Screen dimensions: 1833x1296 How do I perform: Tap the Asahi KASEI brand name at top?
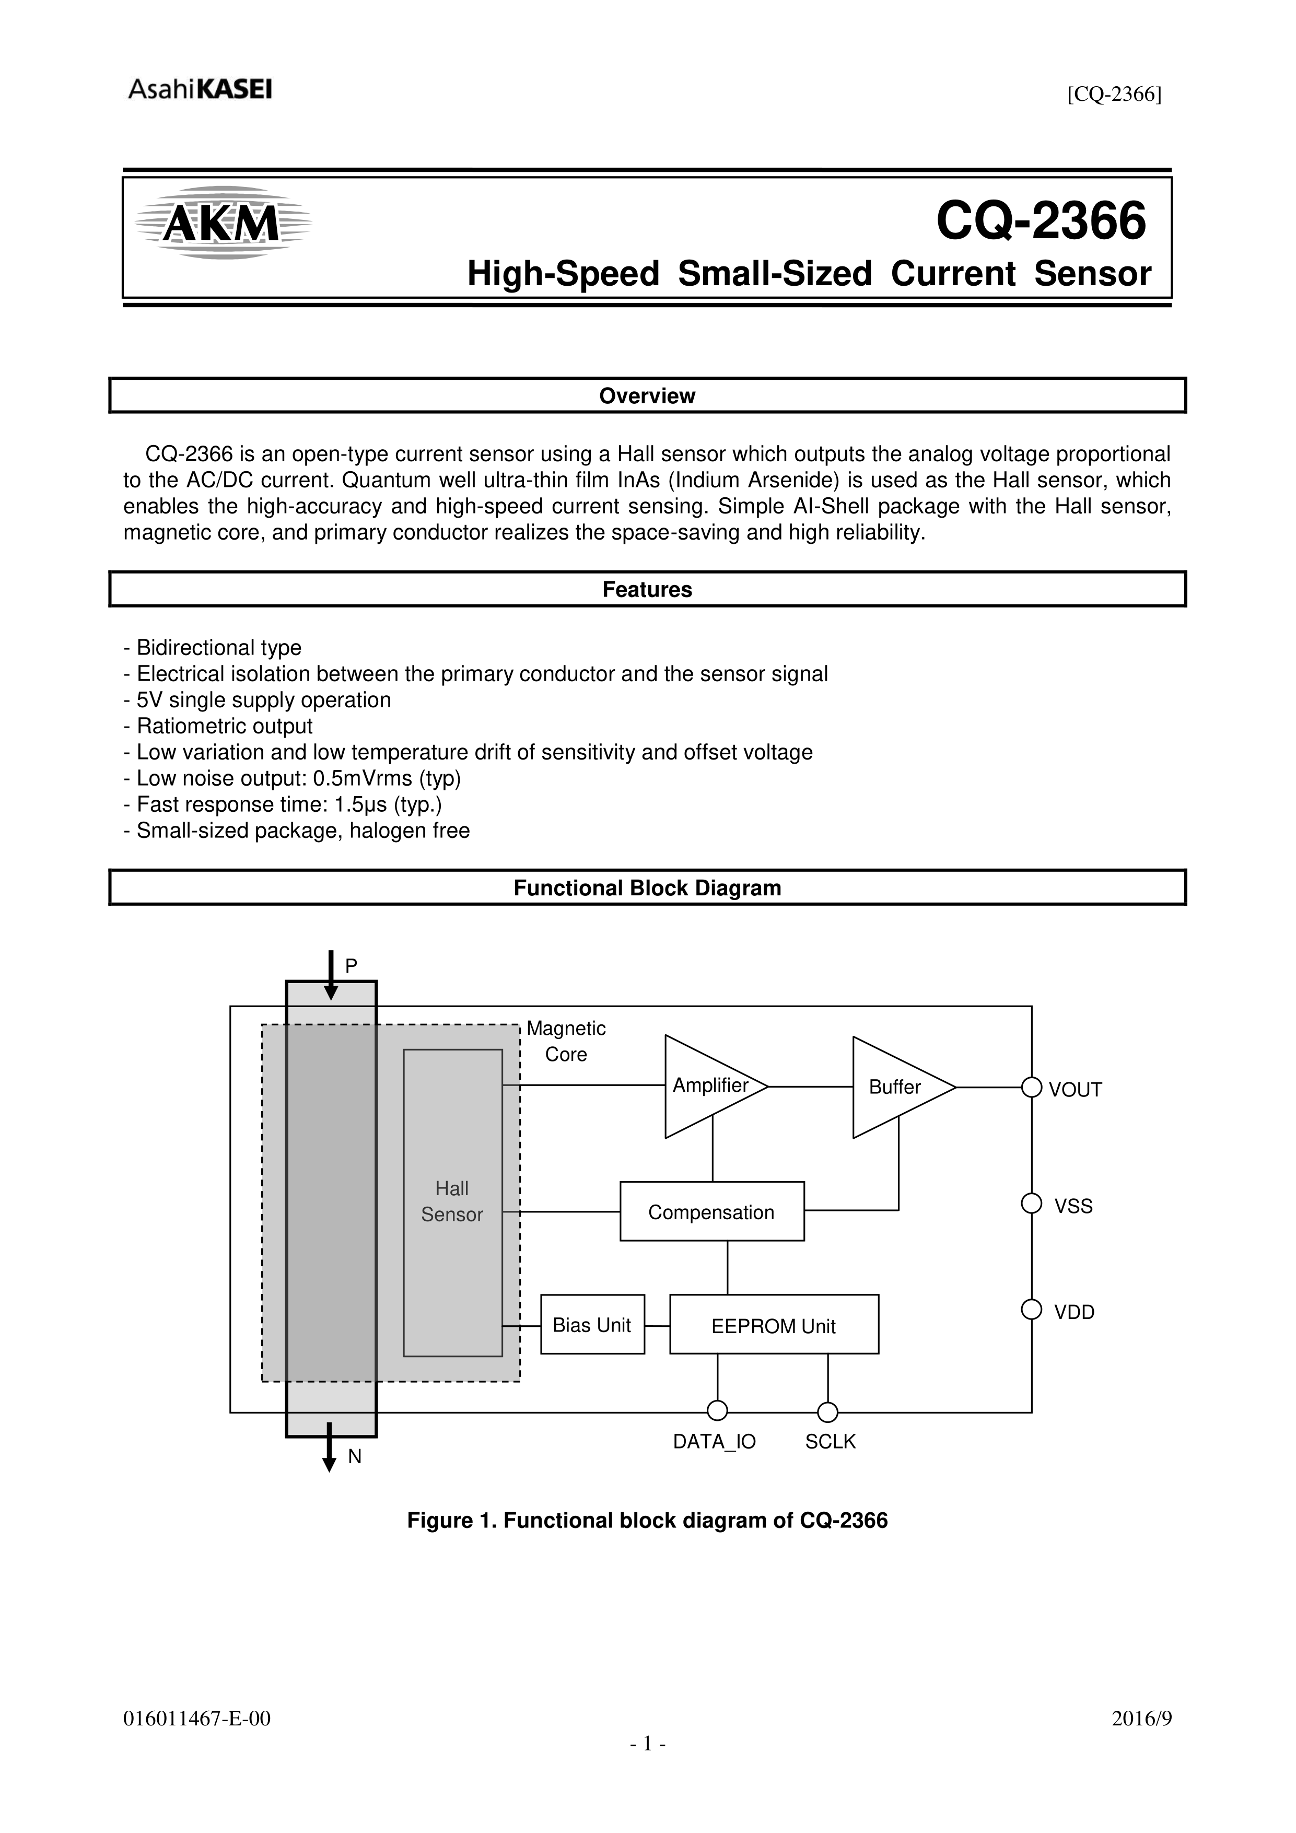(x=200, y=89)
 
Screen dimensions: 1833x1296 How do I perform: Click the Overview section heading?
(x=647, y=396)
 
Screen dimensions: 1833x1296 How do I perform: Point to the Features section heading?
(x=647, y=589)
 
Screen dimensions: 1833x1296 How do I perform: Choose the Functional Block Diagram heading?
(x=647, y=888)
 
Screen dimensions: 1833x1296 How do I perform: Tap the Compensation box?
(x=711, y=1212)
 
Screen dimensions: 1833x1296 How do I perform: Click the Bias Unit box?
(x=592, y=1325)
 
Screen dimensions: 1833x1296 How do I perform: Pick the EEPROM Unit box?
(x=773, y=1326)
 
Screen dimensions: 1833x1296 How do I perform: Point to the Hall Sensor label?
(x=452, y=1201)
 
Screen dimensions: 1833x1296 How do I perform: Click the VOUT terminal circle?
(x=1032, y=1088)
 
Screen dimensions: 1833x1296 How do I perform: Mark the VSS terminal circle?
(x=1032, y=1203)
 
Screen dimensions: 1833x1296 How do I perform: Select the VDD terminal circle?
(x=1032, y=1310)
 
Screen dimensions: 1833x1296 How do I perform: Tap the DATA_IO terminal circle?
(x=717, y=1411)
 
